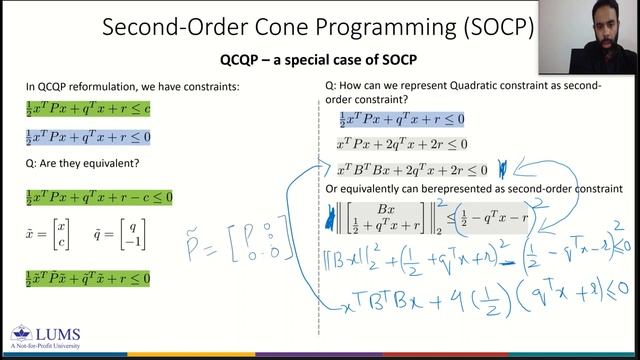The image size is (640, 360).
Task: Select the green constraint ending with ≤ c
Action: [88, 108]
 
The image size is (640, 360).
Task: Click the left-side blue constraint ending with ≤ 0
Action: [88, 137]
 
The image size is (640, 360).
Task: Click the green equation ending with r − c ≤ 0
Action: [99, 197]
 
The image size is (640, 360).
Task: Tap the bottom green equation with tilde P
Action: [88, 277]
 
